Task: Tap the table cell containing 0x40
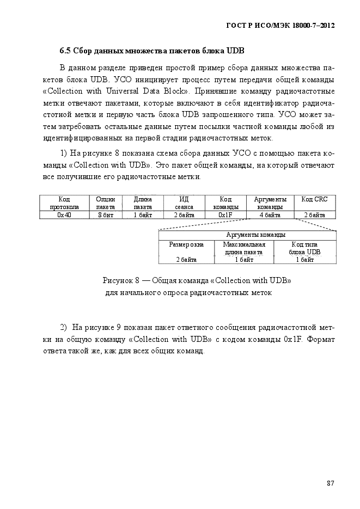click(x=64, y=215)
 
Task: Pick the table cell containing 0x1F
click(x=225, y=215)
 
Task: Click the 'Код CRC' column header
click(x=314, y=200)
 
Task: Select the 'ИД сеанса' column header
click(x=184, y=203)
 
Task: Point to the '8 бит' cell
click(x=106, y=215)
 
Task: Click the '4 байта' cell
click(x=270, y=215)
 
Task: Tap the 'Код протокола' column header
click(x=64, y=203)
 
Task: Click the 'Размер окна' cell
click(x=186, y=244)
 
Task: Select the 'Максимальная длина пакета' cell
click(x=243, y=248)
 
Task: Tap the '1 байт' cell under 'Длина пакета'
click(x=143, y=215)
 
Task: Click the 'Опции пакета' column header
click(x=106, y=203)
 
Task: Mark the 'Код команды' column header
click(x=225, y=203)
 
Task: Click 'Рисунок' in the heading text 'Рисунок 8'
click(x=118, y=281)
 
